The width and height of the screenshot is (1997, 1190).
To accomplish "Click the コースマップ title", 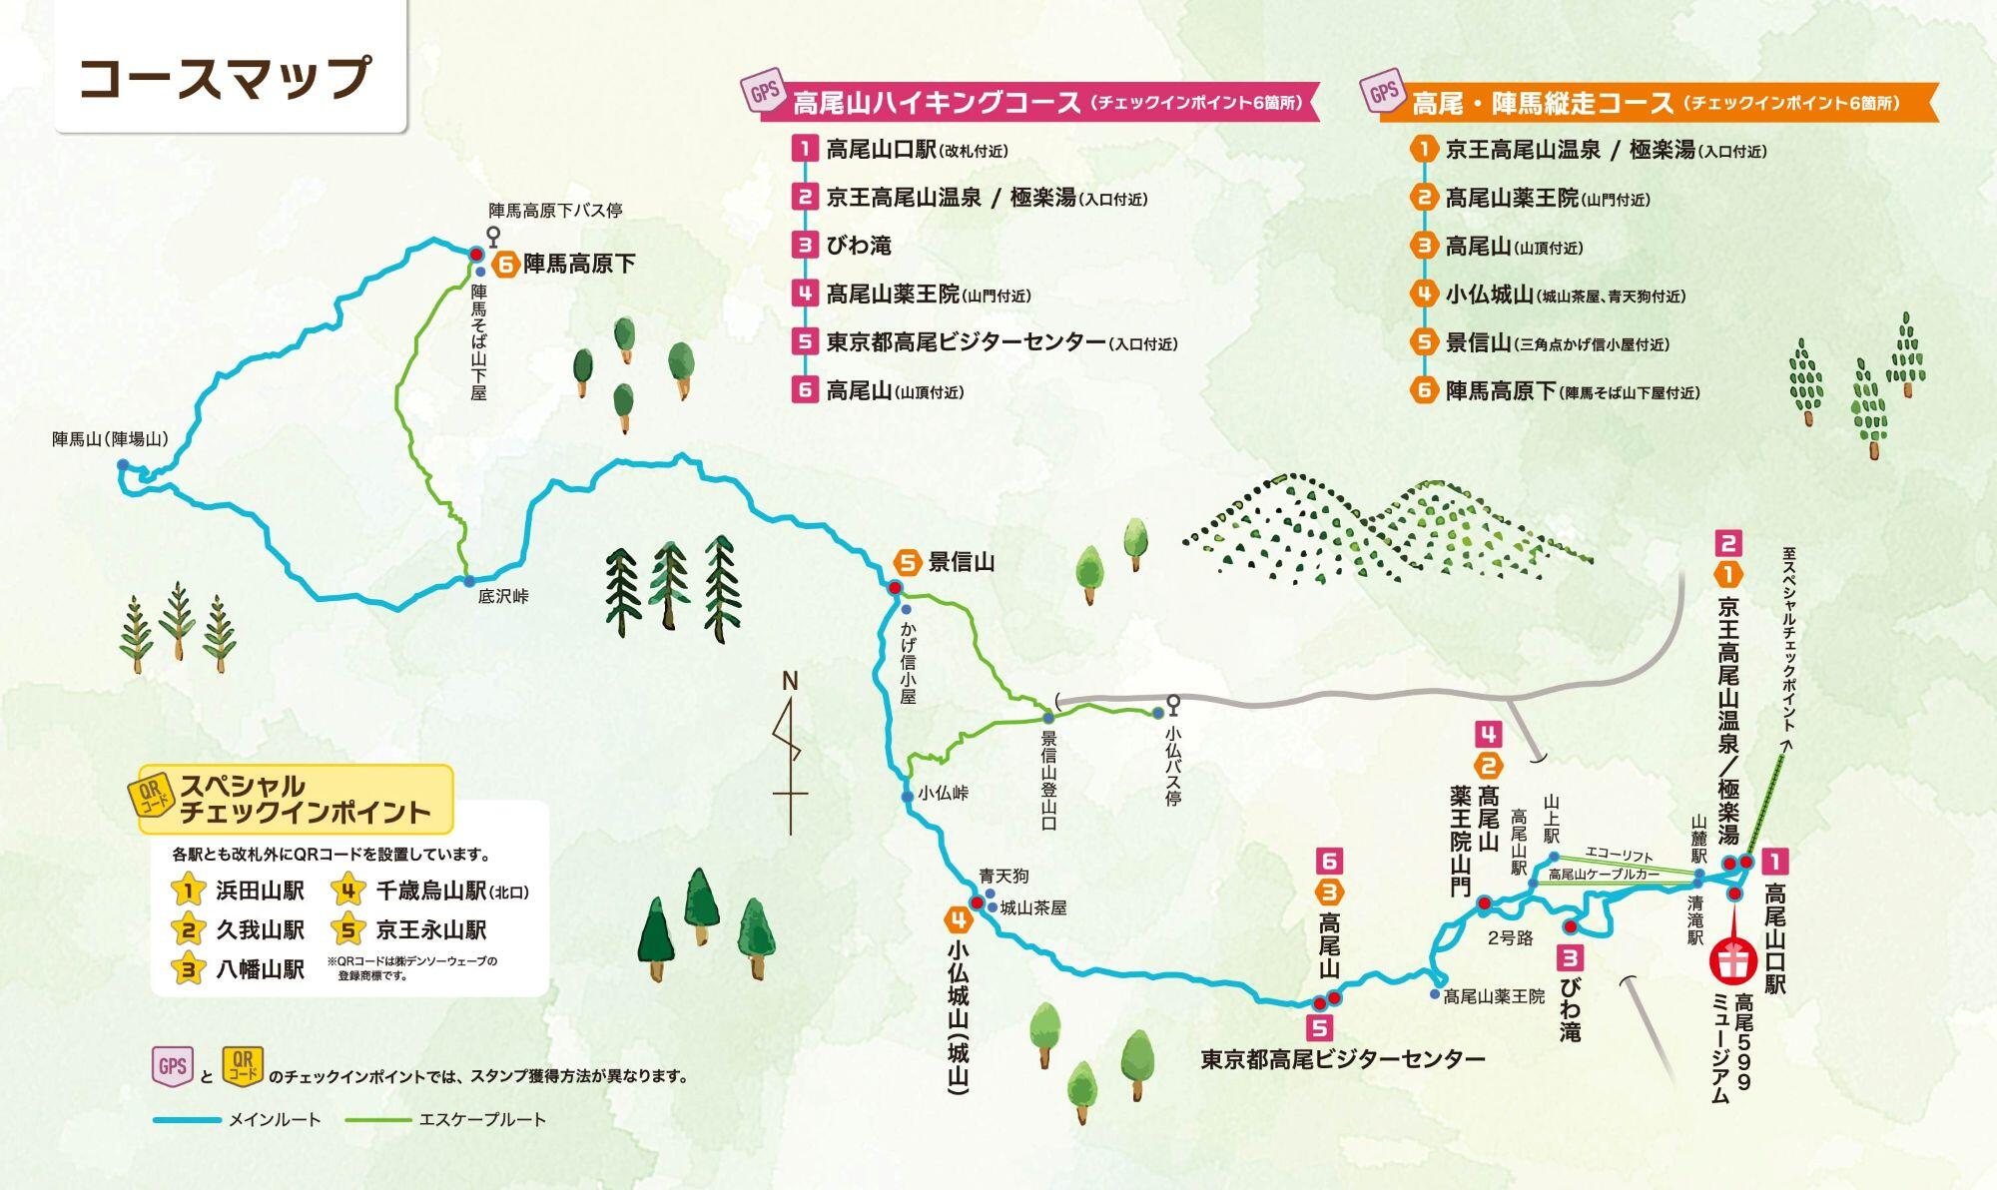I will (x=226, y=78).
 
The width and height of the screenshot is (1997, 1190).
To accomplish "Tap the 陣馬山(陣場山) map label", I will (x=110, y=439).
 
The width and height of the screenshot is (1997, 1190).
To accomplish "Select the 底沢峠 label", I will (x=503, y=597).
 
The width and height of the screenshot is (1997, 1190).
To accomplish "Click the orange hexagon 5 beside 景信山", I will (x=907, y=563).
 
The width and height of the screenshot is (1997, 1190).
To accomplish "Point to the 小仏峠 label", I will (x=944, y=794).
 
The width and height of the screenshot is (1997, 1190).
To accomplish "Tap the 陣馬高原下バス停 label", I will (x=555, y=211).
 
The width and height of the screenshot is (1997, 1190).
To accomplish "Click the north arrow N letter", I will (x=790, y=682).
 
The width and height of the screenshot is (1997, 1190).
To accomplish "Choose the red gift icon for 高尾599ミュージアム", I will (x=1734, y=960).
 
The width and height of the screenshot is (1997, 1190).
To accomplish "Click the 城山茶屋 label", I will (x=1033, y=907).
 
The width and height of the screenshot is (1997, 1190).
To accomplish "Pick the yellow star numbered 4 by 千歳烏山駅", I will (x=347, y=891).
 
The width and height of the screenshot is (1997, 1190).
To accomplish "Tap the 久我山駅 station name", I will (x=260, y=930).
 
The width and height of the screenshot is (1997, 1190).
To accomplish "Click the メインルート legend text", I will (x=275, y=1120).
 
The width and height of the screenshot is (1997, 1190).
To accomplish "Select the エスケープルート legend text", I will (x=482, y=1120).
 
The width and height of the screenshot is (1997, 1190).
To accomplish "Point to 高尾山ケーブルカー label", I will (x=1604, y=875).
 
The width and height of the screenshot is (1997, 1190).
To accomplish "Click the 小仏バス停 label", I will (x=1173, y=765).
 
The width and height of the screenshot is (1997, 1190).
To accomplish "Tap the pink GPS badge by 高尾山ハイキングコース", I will (x=765, y=94).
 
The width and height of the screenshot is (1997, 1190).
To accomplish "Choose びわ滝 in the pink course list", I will (x=859, y=246).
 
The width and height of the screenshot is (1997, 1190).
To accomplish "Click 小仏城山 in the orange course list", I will (x=1489, y=295).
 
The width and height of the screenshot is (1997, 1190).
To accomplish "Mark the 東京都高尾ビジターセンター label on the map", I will (x=1342, y=1060).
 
